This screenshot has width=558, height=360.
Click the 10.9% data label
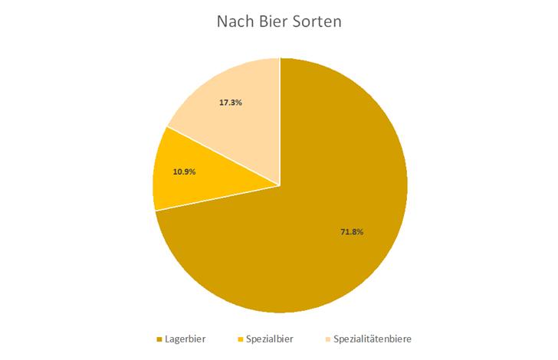[184, 172]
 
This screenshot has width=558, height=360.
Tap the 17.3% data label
[230, 102]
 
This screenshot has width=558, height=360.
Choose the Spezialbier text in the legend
[270, 339]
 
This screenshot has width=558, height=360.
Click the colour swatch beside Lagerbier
[159, 339]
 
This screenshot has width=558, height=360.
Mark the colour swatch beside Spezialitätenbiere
[328, 339]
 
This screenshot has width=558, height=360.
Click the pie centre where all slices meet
[281, 185]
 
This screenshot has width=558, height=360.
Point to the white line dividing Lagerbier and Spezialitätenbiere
[281, 123]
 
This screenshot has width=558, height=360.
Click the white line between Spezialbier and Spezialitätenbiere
[224, 155]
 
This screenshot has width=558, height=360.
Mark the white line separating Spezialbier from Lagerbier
[218, 198]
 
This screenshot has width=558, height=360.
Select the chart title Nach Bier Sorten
[279, 21]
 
